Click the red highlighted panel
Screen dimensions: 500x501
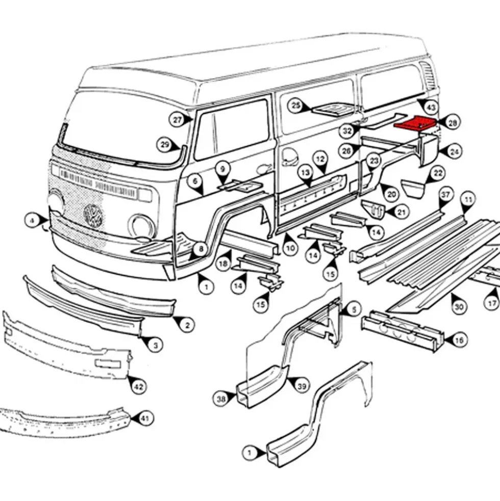tap(415, 123)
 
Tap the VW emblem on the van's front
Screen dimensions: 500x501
tap(93, 215)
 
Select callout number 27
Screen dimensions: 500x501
tap(177, 120)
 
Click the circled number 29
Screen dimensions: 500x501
tap(165, 145)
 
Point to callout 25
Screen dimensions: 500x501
tap(296, 105)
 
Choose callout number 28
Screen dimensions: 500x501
tap(453, 123)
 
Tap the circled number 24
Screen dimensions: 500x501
tap(455, 152)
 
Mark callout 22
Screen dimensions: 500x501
tap(438, 173)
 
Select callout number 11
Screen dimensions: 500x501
tap(468, 200)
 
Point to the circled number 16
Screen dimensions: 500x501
tap(459, 340)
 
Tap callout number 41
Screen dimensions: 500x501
tap(144, 418)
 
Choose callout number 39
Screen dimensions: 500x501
tap(302, 387)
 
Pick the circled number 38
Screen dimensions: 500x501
tap(221, 399)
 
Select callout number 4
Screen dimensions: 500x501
tap(33, 221)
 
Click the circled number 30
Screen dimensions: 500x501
tap(459, 307)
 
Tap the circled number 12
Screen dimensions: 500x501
tap(320, 159)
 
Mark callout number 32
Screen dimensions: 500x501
tap(347, 130)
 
